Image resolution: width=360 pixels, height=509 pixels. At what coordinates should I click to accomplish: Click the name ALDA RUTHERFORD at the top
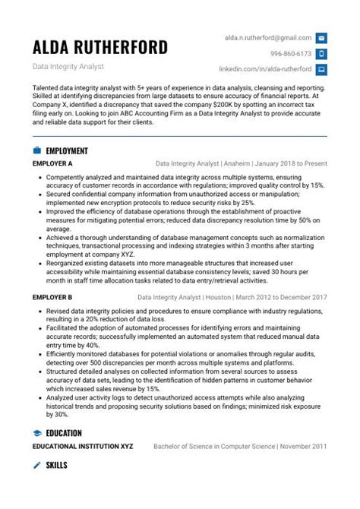pyautogui.click(x=100, y=48)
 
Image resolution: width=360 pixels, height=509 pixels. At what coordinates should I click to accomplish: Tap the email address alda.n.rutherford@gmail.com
pyautogui.click(x=267, y=37)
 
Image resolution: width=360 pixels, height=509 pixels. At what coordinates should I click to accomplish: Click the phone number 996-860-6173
pyautogui.click(x=291, y=54)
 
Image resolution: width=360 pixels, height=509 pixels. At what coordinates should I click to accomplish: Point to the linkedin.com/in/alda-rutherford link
pyautogui.click(x=265, y=69)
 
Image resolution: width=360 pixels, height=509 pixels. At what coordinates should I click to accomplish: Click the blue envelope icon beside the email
pyautogui.click(x=321, y=38)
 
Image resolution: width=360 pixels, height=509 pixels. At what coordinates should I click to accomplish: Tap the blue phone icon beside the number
pyautogui.click(x=321, y=54)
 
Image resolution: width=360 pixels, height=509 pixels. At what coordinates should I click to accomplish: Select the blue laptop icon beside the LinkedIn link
pyautogui.click(x=321, y=69)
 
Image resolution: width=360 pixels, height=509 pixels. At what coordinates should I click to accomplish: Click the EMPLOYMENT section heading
pyautogui.click(x=67, y=150)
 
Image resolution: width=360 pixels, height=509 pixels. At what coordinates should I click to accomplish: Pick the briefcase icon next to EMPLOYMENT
pyautogui.click(x=37, y=150)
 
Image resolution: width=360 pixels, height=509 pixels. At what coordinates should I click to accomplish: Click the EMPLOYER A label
pyautogui.click(x=52, y=163)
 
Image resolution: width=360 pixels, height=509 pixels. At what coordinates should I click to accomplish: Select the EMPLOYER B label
pyautogui.click(x=52, y=298)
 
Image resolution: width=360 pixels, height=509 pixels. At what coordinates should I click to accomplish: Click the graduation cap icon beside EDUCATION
pyautogui.click(x=37, y=432)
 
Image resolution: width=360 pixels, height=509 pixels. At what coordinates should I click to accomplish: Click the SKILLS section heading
pyautogui.click(x=56, y=464)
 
